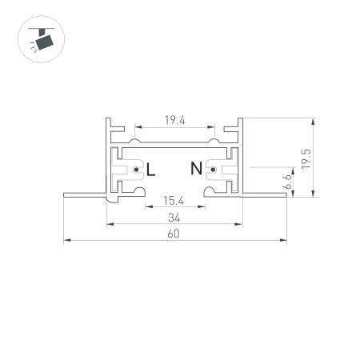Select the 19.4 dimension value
click(175, 120)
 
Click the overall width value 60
click(174, 234)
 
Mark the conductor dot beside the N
click(213, 169)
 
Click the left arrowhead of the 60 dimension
click(66, 238)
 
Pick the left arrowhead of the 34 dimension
click(107, 223)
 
